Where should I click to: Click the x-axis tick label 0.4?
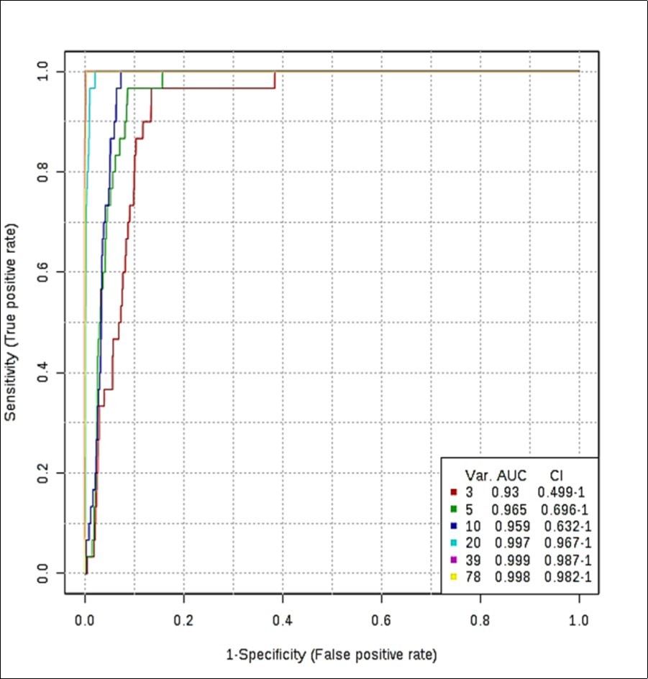[283, 619]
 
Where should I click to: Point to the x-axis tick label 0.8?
[480, 619]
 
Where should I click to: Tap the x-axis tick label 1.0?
[579, 619]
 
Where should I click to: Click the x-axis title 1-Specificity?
[331, 655]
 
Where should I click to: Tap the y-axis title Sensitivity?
[12, 322]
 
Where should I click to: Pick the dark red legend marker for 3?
[455, 492]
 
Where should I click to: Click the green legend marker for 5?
[455, 509]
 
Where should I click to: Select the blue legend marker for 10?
[455, 526]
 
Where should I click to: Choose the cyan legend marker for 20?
[455, 543]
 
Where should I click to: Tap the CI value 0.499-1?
[565, 492]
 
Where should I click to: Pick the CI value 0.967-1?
[565, 543]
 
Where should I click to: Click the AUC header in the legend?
[511, 476]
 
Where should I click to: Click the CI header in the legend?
[556, 476]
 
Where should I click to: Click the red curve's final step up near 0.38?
[275, 79]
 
